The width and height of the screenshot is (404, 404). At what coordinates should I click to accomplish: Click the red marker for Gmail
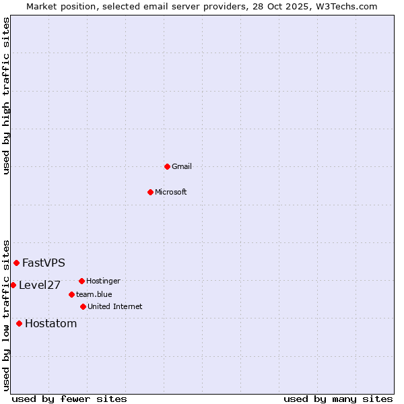pos(167,166)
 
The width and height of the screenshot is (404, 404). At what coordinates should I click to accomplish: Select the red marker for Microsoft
pos(151,192)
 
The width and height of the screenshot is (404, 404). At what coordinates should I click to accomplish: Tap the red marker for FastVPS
pos(16,263)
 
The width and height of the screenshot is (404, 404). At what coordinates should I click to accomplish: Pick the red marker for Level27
pos(13,285)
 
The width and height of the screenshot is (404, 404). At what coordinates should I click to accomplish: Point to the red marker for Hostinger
pos(81,281)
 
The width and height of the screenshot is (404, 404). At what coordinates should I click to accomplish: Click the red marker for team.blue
pos(71,294)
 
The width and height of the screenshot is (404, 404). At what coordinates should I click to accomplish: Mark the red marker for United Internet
pos(83,306)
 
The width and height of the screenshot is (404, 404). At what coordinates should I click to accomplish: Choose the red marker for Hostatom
pos(19,323)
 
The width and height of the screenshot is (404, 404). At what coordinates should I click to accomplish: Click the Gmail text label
pos(182,166)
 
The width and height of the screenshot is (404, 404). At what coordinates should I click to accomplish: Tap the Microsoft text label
pos(171,192)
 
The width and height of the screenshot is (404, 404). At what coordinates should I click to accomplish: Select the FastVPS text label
pos(44,263)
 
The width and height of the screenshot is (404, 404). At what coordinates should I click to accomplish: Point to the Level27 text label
pos(40,285)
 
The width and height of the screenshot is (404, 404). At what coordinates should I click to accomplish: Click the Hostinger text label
pos(104,281)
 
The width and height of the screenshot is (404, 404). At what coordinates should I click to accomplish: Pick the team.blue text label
pos(94,294)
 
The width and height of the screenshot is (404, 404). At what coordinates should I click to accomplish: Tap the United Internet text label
pos(115,306)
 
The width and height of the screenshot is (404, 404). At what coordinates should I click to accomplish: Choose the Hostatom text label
pos(51,323)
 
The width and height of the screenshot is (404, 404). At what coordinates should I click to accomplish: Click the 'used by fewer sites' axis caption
pos(69,399)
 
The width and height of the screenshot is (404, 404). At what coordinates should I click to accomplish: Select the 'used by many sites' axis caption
pos(338,399)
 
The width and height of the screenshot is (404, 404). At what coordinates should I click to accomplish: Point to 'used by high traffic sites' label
pos(6,96)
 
